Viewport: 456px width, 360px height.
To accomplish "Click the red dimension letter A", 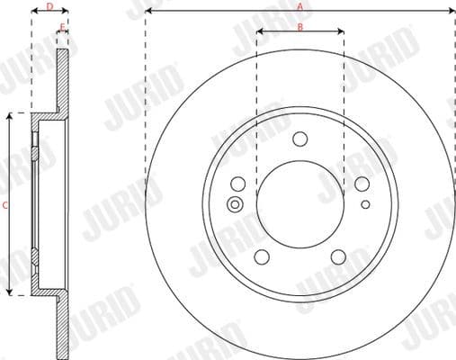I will pyautogui.click(x=300, y=5).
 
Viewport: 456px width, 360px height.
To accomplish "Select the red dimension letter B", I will pyautogui.click(x=300, y=26).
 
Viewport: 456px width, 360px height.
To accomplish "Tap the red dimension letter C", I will pyautogui.click(x=4, y=205).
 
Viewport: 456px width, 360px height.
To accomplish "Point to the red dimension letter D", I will pyautogui.click(x=50, y=6).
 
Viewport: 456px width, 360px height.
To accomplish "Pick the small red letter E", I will pyautogui.click(x=62, y=27).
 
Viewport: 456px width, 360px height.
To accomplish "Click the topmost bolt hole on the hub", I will pyautogui.click(x=300, y=139).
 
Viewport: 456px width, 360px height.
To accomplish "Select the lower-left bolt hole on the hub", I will pyautogui.click(x=262, y=256).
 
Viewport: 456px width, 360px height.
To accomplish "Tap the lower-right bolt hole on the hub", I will pyautogui.click(x=338, y=256).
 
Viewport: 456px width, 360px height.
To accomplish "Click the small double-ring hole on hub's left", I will pyautogui.click(x=237, y=203).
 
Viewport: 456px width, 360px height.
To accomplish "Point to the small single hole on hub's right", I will pyautogui.click(x=365, y=204).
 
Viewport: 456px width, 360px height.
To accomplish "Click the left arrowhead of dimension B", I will pyautogui.click(x=259, y=33).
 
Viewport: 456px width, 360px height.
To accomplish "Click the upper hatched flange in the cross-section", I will pyautogui.click(x=63, y=81).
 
